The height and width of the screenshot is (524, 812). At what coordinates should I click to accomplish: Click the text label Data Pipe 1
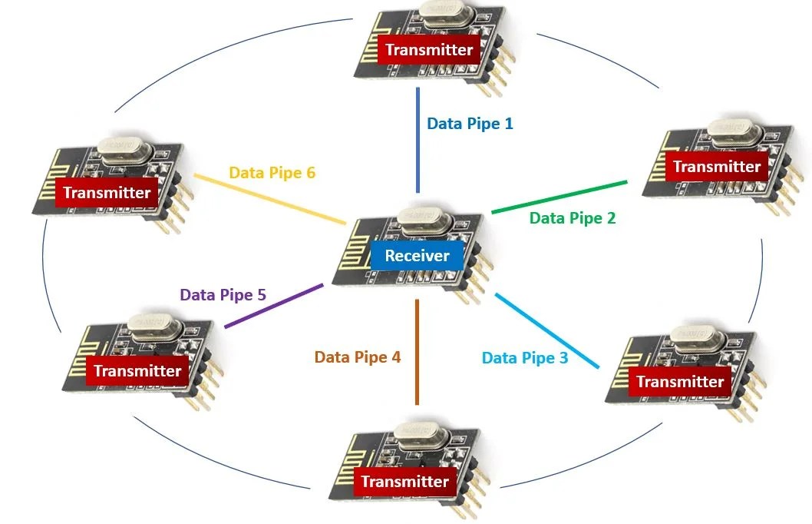[x=470, y=124]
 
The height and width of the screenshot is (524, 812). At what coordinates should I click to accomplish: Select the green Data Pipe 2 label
[x=573, y=218]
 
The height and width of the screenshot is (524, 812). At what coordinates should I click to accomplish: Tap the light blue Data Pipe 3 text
[x=525, y=357]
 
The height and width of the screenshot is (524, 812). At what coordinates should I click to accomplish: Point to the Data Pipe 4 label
[x=358, y=357]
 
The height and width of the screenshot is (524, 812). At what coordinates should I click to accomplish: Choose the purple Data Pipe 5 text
[x=223, y=295]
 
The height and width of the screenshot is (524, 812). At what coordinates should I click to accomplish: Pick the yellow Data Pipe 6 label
[x=272, y=173]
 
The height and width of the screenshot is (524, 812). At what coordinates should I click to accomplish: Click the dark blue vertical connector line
[x=418, y=140]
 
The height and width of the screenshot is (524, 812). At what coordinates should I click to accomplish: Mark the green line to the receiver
[x=559, y=197]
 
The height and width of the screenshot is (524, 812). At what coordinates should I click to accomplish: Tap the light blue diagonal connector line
[x=547, y=330]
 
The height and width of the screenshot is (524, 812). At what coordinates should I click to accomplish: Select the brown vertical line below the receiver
[x=417, y=352]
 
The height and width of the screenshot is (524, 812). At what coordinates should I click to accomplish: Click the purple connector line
[x=274, y=306]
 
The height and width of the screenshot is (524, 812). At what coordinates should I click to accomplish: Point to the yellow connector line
[x=270, y=200]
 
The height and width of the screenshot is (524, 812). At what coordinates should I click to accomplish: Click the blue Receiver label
[x=417, y=256]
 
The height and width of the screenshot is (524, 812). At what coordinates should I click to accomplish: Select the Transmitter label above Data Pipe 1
[x=429, y=50]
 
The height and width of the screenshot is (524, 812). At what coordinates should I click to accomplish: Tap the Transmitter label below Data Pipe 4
[x=404, y=482]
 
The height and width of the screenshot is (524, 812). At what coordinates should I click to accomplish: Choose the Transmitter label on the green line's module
[x=717, y=167]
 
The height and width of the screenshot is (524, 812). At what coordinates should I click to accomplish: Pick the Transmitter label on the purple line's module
[x=137, y=371]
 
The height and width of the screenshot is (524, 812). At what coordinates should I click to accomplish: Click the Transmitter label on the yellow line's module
[x=107, y=193]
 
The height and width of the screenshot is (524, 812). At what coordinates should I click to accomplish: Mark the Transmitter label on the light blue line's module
[x=680, y=382]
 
